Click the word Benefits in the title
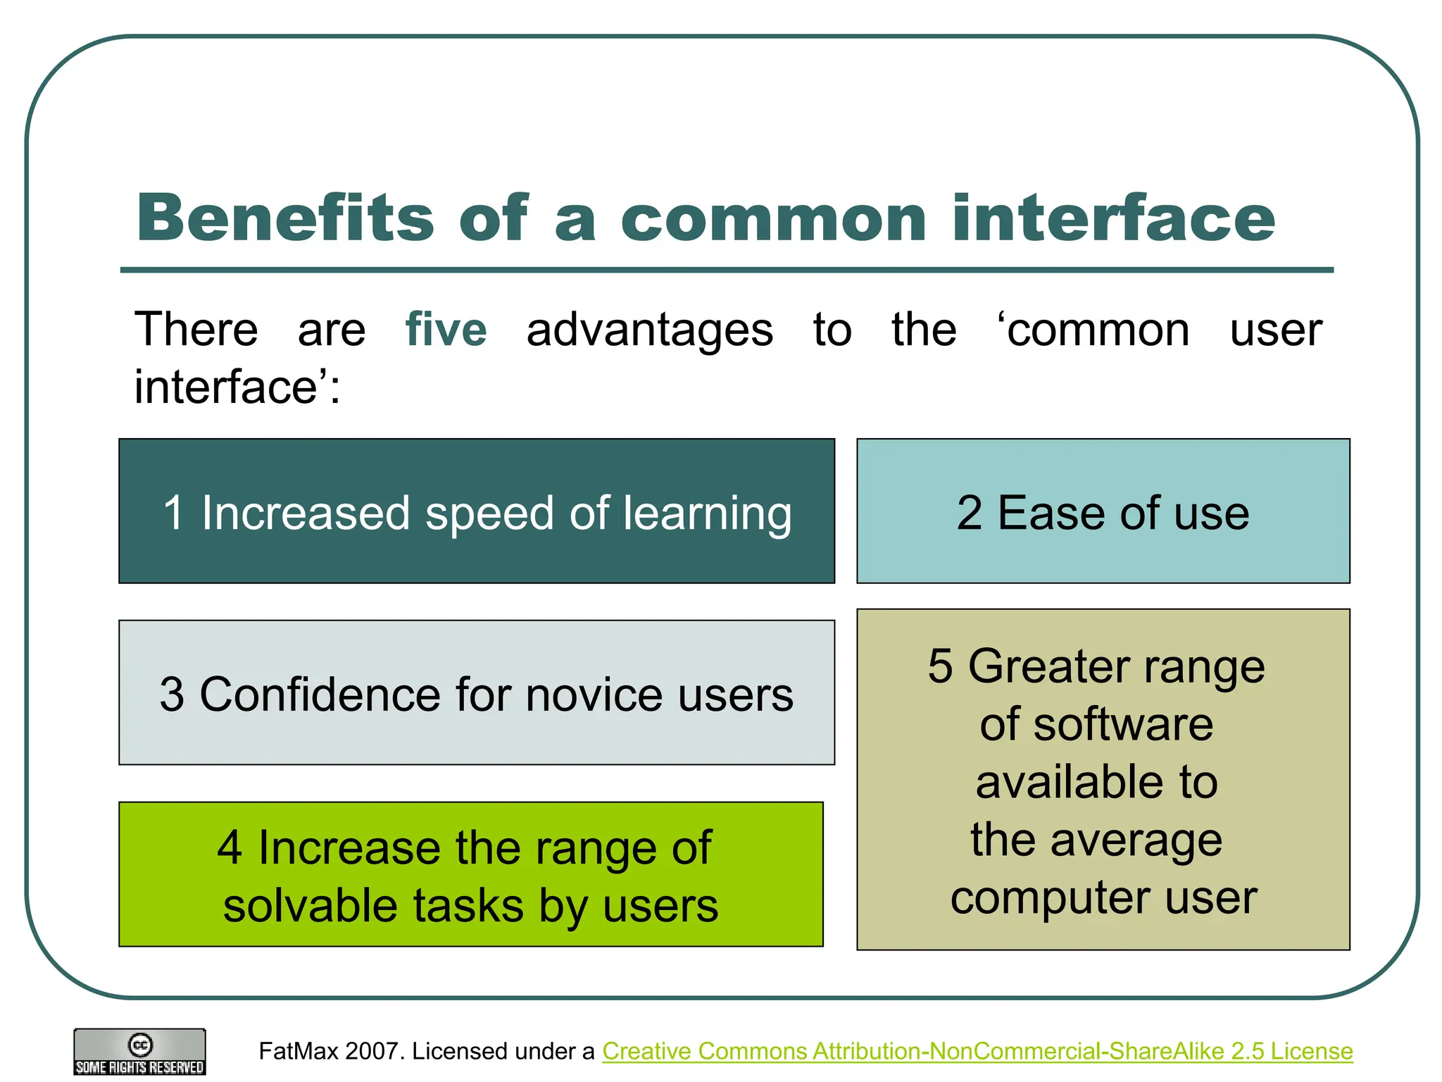tap(285, 218)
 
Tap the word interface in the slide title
tap(1113, 218)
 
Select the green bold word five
tap(446, 330)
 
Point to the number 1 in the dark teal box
tap(174, 513)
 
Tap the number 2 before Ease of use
tap(970, 513)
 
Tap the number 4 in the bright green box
tap(230, 847)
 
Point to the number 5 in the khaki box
tap(940, 666)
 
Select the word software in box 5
tap(1123, 725)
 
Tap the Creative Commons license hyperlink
tap(977, 1051)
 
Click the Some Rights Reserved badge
tap(140, 1052)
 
